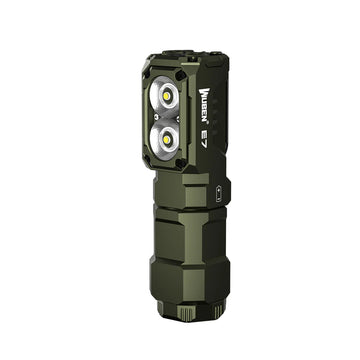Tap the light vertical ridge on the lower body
click(171, 240)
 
